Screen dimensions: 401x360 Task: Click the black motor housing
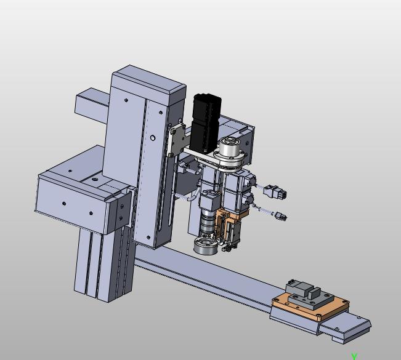click(205, 124)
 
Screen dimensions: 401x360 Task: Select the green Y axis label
click(354, 356)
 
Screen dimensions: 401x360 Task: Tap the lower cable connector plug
click(281, 217)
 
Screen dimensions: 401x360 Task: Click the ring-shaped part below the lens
click(206, 246)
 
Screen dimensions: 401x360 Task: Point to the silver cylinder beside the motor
click(230, 148)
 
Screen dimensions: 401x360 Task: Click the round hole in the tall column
click(153, 138)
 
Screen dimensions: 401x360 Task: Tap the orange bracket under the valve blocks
click(229, 220)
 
